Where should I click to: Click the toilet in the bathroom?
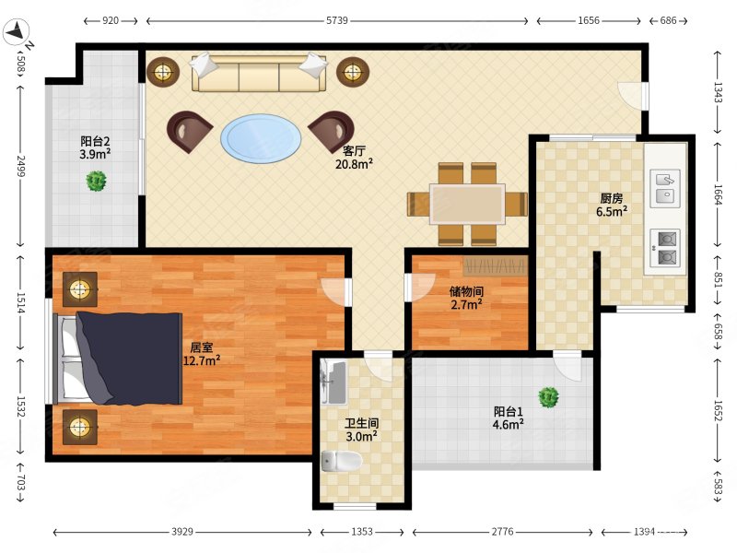[342, 461]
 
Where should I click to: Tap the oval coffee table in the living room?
[261, 138]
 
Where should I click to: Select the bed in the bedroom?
[118, 359]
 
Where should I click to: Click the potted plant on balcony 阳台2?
[97, 181]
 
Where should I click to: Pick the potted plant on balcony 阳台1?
[548, 397]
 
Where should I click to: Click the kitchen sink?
[664, 188]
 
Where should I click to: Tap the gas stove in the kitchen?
[665, 248]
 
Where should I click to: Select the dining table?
[467, 204]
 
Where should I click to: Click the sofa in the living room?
[259, 73]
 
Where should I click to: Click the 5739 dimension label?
[337, 20]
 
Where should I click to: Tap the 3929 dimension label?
[181, 532]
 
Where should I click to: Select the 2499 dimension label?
[20, 166]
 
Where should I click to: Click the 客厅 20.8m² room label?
[354, 158]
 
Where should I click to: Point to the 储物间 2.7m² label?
[466, 298]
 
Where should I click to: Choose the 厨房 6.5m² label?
[612, 205]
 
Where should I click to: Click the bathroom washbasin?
[334, 382]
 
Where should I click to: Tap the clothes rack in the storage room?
[494, 266]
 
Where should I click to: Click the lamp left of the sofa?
[163, 72]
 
